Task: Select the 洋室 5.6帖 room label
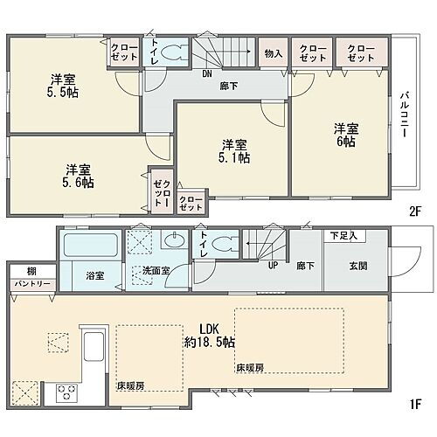pyautogui.click(x=77, y=177)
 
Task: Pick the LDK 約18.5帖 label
pyautogui.click(x=208, y=336)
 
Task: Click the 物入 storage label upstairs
pyautogui.click(x=273, y=53)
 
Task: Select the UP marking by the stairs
pyautogui.click(x=272, y=265)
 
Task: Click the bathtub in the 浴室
pyautogui.click(x=90, y=244)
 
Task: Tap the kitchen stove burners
pyautogui.click(x=67, y=393)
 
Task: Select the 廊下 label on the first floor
pyautogui.click(x=301, y=265)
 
